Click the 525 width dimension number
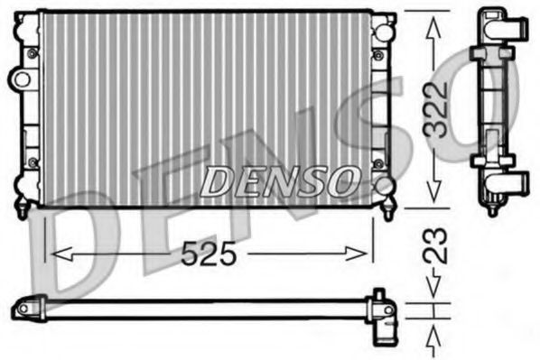click(209, 256)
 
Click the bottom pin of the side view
click(492, 210)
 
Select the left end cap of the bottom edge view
click(27, 309)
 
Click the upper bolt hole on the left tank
click(32, 54)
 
